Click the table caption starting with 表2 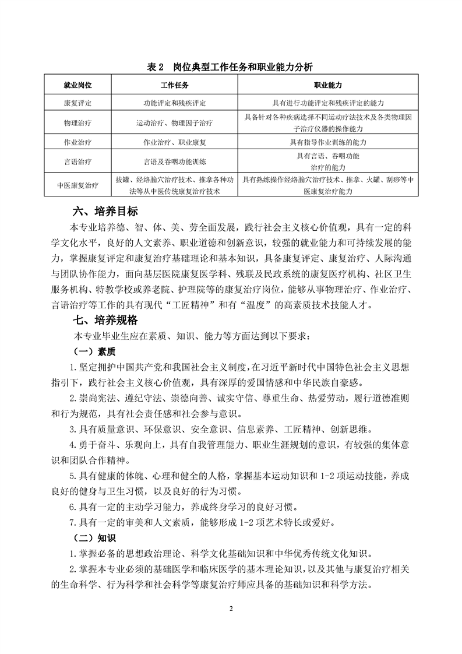pyautogui.click(x=231, y=68)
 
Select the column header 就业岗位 pyautogui.click(x=77, y=85)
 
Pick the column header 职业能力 pyautogui.click(x=328, y=85)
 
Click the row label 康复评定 pyautogui.click(x=77, y=103)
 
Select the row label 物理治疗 pyautogui.click(x=77, y=123)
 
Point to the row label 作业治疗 pyautogui.click(x=77, y=142)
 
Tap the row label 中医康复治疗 pyautogui.click(x=77, y=185)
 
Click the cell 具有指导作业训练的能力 pyautogui.click(x=328, y=142)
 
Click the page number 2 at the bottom pyautogui.click(x=231, y=609)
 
